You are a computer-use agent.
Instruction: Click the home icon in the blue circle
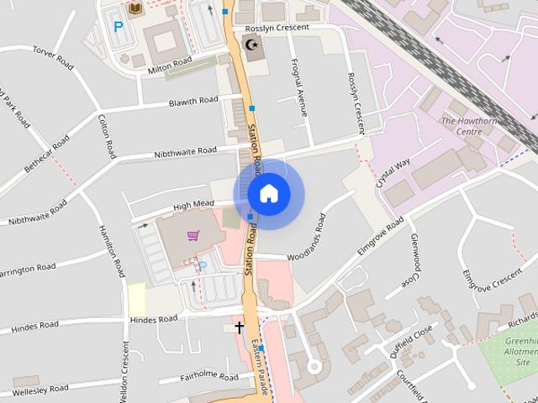coord(268,193)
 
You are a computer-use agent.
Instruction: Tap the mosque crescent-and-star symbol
coord(251,44)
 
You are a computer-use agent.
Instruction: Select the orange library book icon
coord(134,8)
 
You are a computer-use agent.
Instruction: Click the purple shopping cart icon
coord(194,236)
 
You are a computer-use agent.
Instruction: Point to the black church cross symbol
coord(240,327)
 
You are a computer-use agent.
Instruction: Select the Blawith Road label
coord(193,102)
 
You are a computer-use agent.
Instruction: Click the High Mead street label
coord(193,205)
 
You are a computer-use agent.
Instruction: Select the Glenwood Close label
coord(414,258)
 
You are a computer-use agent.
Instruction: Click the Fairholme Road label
coord(209,378)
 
